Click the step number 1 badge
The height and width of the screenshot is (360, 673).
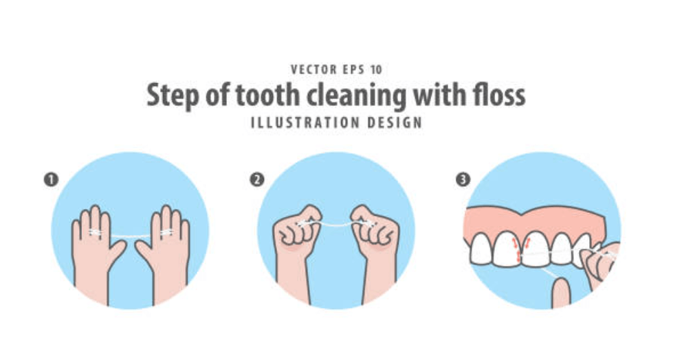coord(51,179)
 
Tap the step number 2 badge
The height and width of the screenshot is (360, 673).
coord(256,179)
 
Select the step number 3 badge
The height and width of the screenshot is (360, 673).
coord(463,179)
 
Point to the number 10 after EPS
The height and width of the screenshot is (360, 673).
coord(376,69)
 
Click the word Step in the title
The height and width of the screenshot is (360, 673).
coord(173,96)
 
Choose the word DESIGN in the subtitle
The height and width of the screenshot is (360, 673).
coord(395,123)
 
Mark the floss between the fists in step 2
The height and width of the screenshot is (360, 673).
coord(337,223)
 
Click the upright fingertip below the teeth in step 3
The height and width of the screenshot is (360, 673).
coord(561,293)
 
